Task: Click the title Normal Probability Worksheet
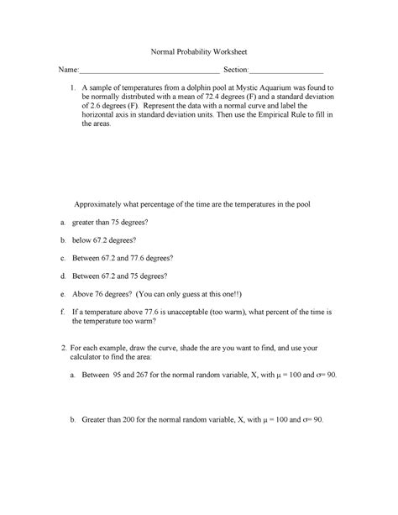coord(198,51)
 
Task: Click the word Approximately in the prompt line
coord(103,204)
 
